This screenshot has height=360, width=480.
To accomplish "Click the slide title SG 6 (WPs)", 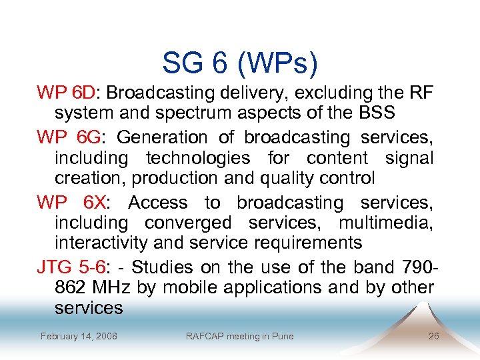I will tap(240, 63).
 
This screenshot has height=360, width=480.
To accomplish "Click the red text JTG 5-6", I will tap(71, 267).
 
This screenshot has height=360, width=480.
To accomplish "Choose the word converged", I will tap(187, 223).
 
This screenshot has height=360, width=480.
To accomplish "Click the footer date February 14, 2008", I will tap(79, 336).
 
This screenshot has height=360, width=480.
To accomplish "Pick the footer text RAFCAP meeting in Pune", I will tap(239, 336).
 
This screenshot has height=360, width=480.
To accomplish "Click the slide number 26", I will tap(433, 336).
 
